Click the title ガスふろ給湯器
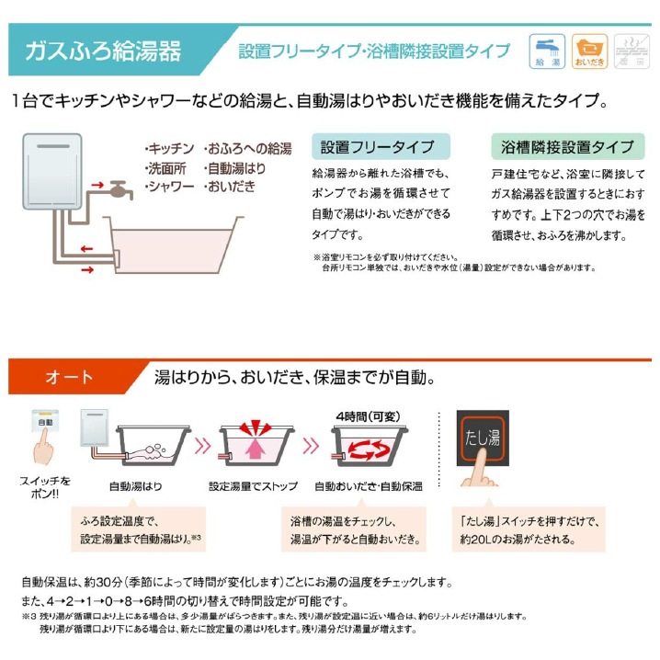(104, 51)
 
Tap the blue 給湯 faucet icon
(547, 51)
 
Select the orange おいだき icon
(590, 51)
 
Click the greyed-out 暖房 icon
(632, 51)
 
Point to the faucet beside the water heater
(120, 189)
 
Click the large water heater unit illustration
(52, 172)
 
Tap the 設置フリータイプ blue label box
(381, 146)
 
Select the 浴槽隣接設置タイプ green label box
(568, 146)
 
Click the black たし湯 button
(483, 438)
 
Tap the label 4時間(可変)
(369, 416)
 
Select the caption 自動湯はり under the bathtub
(135, 486)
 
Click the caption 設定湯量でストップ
(254, 486)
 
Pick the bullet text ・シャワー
(169, 187)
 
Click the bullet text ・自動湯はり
(234, 168)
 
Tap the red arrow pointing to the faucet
(97, 185)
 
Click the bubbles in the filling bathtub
(154, 449)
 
